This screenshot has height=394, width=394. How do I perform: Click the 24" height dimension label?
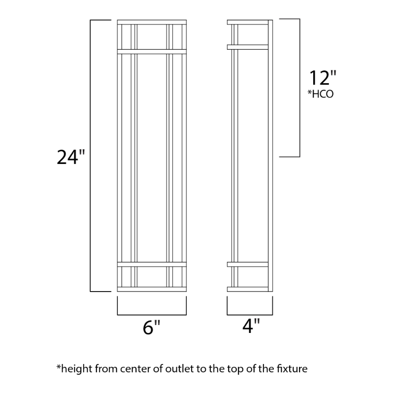(x=71, y=157)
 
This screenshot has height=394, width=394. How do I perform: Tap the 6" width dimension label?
(x=151, y=327)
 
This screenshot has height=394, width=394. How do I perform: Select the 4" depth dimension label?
(x=251, y=326)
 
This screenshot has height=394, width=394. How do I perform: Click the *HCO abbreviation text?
(x=321, y=94)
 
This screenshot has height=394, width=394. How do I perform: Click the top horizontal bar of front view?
(x=152, y=22)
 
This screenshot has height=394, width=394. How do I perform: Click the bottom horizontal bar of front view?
(x=152, y=289)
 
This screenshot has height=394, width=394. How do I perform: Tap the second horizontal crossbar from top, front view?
(x=152, y=52)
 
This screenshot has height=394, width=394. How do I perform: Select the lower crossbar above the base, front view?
(x=152, y=264)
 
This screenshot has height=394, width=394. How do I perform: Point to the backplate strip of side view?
(x=270, y=156)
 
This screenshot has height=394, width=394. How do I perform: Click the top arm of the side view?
(x=248, y=22)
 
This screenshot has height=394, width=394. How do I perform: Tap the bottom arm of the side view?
(x=248, y=289)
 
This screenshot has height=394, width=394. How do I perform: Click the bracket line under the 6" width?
(x=152, y=315)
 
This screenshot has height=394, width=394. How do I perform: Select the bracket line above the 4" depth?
(x=250, y=315)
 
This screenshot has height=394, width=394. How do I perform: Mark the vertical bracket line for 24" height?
(x=91, y=156)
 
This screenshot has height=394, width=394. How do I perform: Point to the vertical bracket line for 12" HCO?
(x=299, y=88)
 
